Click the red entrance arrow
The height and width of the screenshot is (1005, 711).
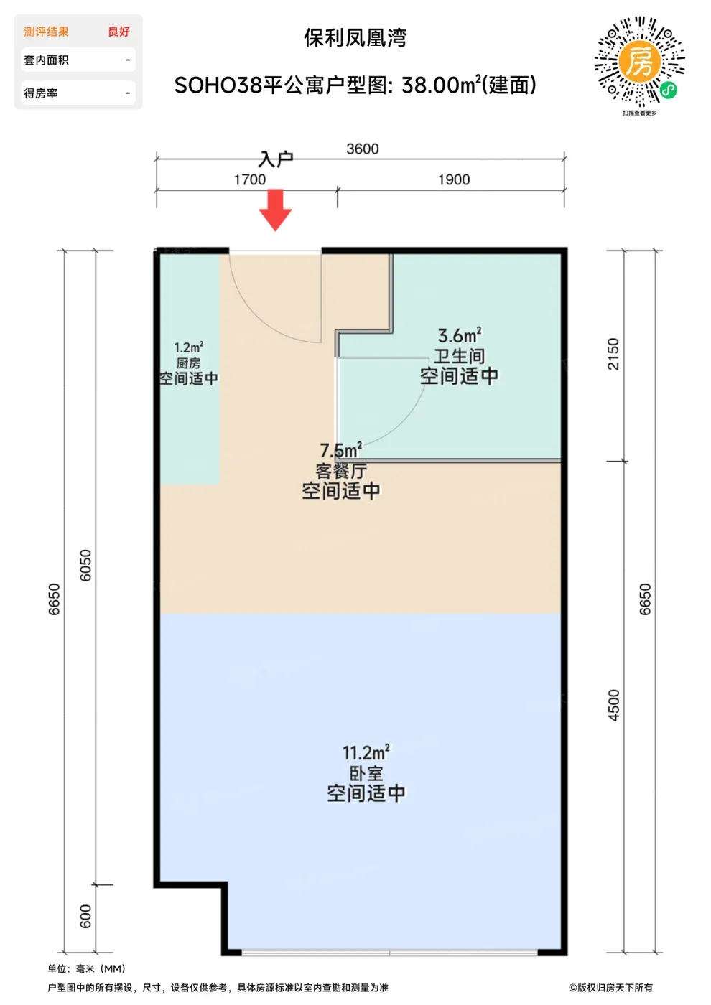[275, 210]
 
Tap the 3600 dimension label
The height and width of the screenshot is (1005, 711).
[362, 149]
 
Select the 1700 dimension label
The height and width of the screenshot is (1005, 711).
[250, 180]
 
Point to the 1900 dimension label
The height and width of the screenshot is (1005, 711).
[454, 180]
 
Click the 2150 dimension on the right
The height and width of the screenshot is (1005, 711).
[613, 354]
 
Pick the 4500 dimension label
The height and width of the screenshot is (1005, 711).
[613, 705]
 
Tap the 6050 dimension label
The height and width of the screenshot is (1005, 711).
[85, 566]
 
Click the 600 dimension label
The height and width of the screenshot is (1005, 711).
[85, 916]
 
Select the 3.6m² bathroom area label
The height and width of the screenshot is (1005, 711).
[460, 336]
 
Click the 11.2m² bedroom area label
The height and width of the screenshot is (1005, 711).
[366, 753]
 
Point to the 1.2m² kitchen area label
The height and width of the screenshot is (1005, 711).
[188, 347]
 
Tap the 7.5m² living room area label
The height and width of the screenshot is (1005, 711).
[340, 450]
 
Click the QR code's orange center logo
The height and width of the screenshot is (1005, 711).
[640, 62]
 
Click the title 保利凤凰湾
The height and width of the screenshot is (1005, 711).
[355, 37]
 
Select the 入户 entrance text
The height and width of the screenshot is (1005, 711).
[276, 159]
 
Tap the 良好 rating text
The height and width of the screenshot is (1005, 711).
[119, 32]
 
